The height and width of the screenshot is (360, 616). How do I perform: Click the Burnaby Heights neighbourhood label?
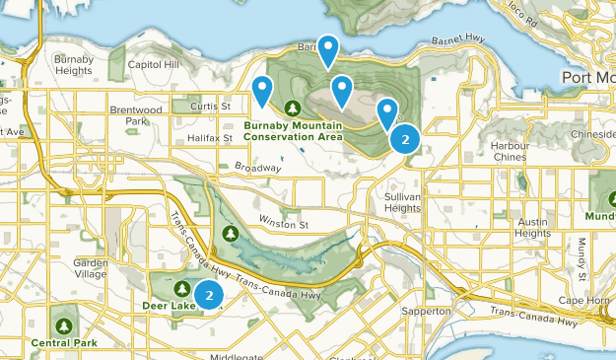tap(74, 65)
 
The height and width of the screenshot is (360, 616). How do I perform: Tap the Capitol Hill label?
tap(154, 65)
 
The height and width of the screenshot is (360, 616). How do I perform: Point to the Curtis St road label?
tap(211, 106)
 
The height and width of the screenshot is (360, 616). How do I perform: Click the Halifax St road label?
tap(212, 138)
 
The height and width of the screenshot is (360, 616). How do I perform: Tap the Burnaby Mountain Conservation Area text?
tap(295, 131)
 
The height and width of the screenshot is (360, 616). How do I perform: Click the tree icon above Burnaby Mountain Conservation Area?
tap(292, 108)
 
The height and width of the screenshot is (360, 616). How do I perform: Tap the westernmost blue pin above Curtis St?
tap(262, 90)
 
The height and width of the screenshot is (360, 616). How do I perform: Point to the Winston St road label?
tap(284, 225)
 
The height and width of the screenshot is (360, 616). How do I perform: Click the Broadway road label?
tap(258, 169)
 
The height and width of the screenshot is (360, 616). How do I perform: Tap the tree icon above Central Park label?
tap(64, 324)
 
